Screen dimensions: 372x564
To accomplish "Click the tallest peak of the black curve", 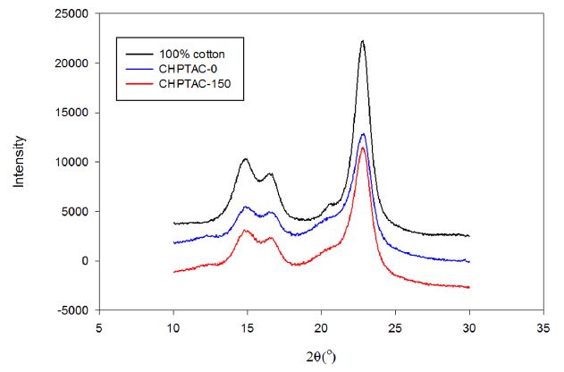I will [362, 40].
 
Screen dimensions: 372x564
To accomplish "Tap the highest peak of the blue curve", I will [362, 133].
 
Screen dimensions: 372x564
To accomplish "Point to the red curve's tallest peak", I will [362, 148].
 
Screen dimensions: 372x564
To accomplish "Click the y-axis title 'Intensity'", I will [19, 161].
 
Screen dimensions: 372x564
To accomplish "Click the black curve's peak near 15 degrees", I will [245, 159].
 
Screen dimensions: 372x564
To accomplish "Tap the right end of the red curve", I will [468, 287].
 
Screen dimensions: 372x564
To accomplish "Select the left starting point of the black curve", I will [173, 224].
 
